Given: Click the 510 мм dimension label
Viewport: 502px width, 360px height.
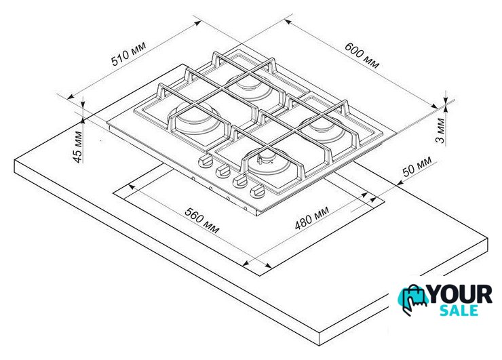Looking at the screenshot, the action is coord(128,54).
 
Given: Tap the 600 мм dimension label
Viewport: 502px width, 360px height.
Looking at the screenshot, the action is coord(362,56).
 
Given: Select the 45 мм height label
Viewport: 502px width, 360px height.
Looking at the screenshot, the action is coord(78,147).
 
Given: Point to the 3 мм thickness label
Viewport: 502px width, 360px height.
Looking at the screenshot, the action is coord(440,131).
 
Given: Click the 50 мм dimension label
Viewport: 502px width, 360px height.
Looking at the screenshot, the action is coord(417,166).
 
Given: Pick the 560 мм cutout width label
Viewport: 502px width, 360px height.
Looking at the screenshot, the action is coord(202,220).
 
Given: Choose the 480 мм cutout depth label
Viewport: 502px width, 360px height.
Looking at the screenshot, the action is coord(311,218).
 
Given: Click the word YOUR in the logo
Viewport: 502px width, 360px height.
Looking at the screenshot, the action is coord(460,294).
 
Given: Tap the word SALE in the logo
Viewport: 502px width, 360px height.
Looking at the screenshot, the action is coord(459,311).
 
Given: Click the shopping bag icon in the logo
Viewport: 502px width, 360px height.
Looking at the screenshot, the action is coord(414,300).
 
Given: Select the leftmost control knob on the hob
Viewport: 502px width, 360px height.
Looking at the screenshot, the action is coord(205,160).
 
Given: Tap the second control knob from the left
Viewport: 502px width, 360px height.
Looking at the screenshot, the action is coord(223,171).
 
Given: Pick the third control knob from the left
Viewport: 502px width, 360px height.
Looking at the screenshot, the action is coord(239,181).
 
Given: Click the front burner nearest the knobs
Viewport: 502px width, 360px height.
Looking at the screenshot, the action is coord(268,164).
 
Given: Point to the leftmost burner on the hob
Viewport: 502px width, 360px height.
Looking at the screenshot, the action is coord(194,119).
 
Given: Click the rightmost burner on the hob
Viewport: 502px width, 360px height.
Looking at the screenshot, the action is coord(321,127).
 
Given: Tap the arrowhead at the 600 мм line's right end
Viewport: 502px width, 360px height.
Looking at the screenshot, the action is coord(434,106).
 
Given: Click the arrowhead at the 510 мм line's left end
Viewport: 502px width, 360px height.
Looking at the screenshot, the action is coord(71,96).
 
